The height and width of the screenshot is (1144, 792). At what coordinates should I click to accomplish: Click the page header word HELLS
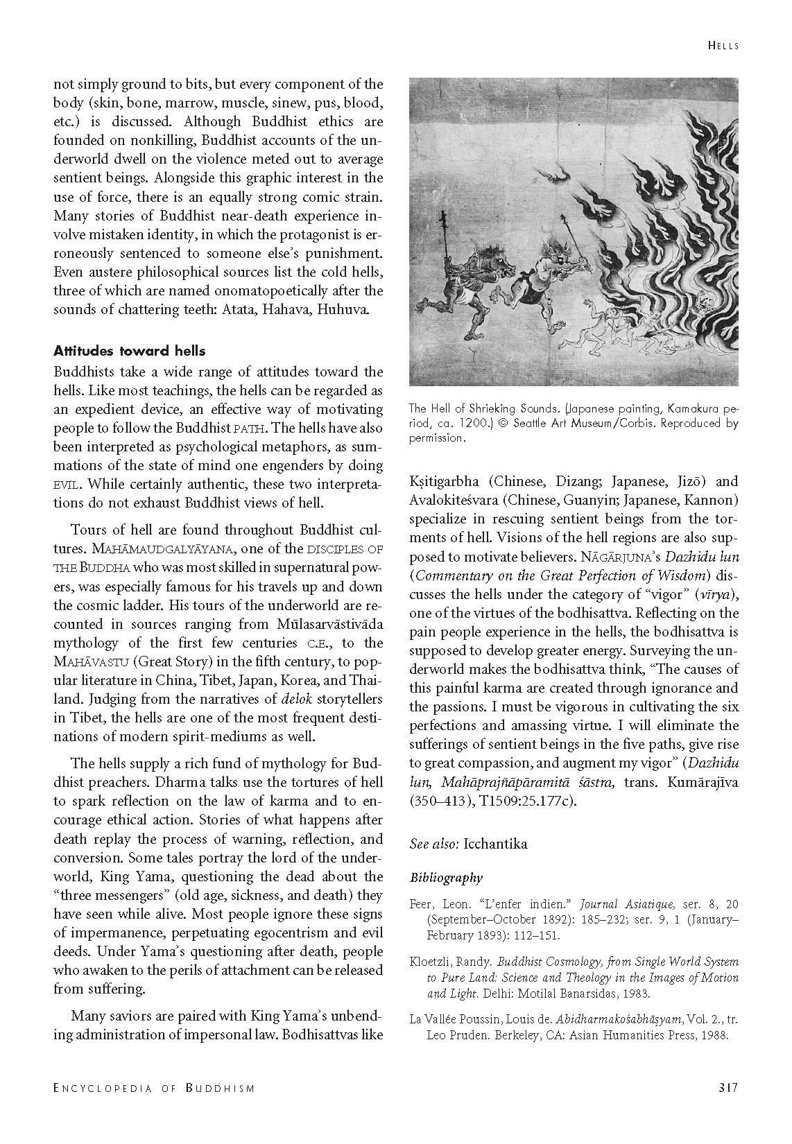click(723, 46)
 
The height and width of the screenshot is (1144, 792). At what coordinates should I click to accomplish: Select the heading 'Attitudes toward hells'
click(130, 351)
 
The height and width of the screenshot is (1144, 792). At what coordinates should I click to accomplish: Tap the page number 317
click(728, 1087)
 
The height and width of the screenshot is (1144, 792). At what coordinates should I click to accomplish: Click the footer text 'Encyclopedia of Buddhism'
click(154, 1088)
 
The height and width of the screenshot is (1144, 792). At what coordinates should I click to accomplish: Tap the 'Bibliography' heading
click(446, 878)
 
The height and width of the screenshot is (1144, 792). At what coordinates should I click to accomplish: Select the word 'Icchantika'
click(496, 844)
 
